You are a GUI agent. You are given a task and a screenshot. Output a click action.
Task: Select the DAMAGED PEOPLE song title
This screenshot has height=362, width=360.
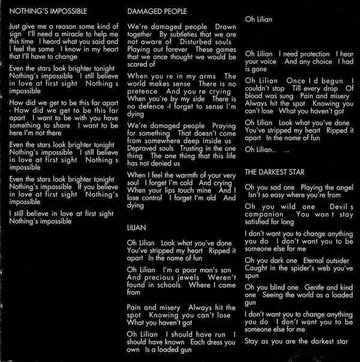(157, 11)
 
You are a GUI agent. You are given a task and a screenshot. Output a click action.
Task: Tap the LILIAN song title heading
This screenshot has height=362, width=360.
(137, 228)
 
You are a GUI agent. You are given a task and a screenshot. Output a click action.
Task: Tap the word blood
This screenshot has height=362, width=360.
(255, 95)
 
